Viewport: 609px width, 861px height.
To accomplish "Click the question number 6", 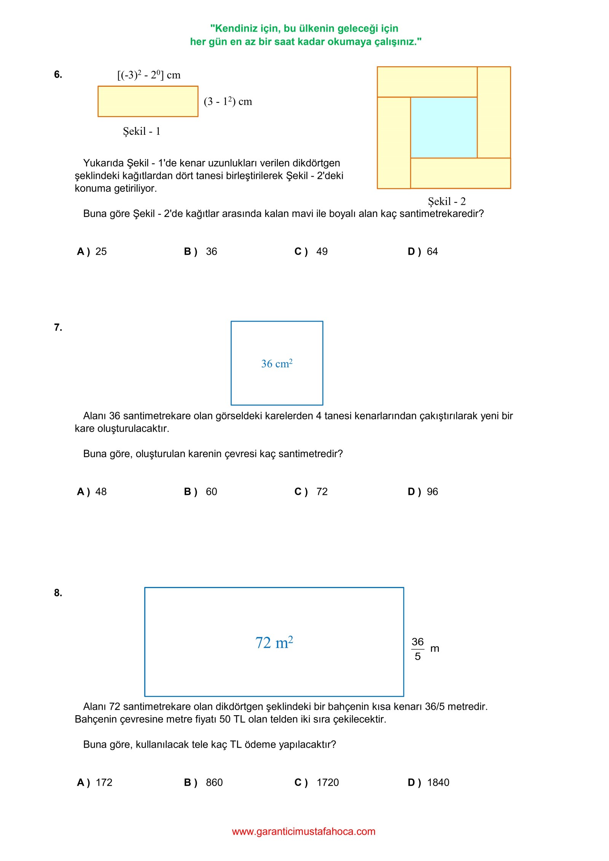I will point(58,75).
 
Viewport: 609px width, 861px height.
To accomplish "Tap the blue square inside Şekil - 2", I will point(443,128).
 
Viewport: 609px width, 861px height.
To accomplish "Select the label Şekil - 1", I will point(142,131).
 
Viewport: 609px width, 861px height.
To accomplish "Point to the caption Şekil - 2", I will point(446,201).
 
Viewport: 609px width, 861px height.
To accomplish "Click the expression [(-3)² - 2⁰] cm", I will point(149,75).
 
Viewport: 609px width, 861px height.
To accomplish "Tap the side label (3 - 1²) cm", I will point(228,102).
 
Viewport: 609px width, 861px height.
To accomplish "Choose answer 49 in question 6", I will point(322,252).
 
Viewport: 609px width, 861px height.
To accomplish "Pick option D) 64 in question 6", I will point(423,252).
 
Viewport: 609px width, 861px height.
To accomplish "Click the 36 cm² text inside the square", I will point(277,364).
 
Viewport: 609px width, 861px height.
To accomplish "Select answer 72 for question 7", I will point(322,492).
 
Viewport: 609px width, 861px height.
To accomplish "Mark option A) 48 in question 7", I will point(92,492).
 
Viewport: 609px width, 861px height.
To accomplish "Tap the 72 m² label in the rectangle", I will point(274,643).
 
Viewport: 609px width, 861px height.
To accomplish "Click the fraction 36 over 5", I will point(418,649).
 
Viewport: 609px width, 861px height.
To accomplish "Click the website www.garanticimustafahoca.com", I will point(304,832).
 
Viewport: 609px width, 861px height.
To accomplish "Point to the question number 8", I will point(58,593).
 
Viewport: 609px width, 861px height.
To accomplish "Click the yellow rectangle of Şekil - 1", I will point(148,101).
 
